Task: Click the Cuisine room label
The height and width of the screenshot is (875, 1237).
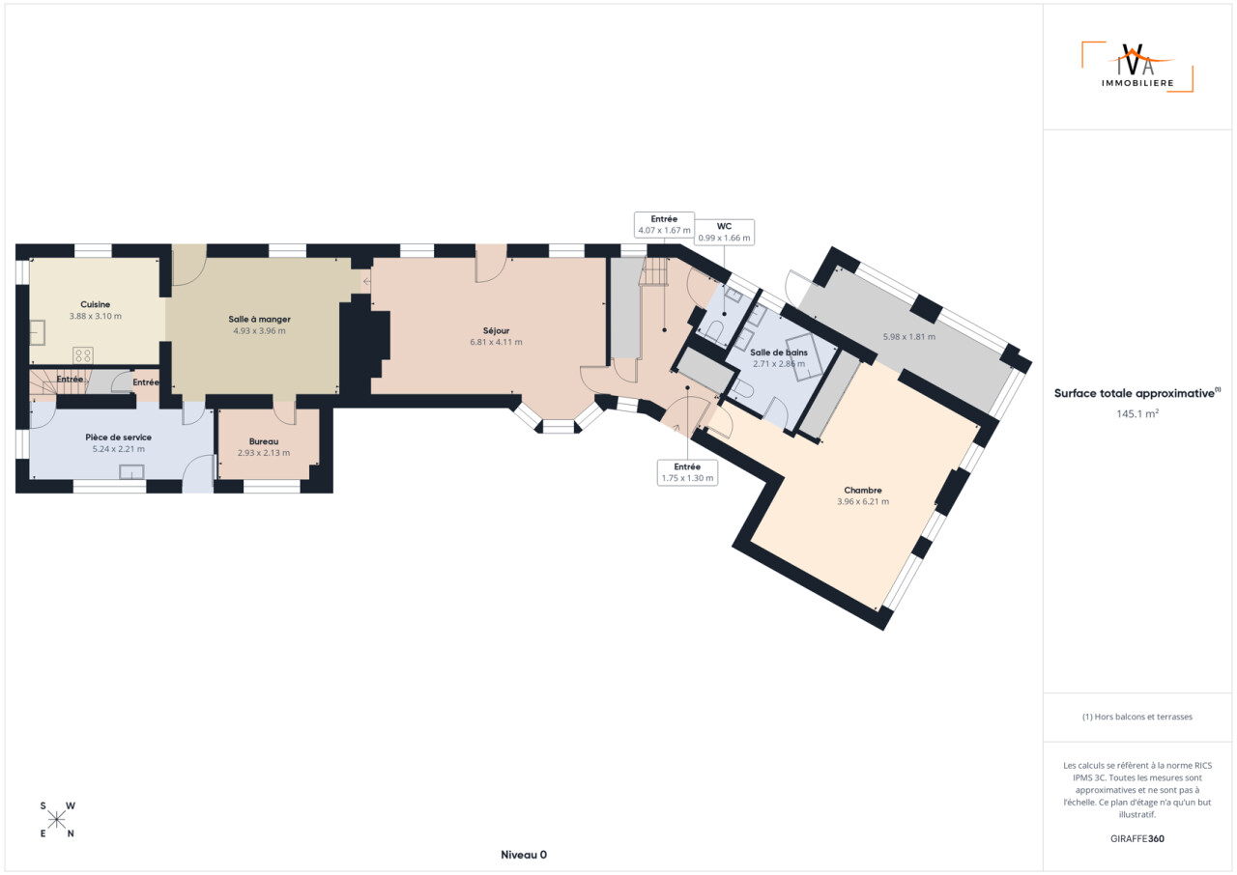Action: (95, 304)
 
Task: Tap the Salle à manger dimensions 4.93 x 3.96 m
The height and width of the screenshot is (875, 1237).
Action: (260, 331)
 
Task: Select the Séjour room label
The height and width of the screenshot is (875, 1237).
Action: (496, 330)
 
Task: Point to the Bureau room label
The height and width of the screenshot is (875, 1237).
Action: (264, 441)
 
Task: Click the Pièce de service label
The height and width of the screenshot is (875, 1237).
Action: (118, 437)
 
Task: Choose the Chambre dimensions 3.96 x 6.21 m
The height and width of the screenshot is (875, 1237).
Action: (863, 501)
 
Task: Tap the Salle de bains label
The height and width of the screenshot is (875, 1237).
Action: (779, 352)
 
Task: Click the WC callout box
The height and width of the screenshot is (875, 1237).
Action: (724, 232)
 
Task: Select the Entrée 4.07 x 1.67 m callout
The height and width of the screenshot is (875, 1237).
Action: (664, 224)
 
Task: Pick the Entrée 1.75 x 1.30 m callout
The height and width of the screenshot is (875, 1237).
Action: (687, 472)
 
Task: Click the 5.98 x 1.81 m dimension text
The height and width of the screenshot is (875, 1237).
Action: (909, 336)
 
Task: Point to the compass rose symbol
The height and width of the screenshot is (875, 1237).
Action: (57, 820)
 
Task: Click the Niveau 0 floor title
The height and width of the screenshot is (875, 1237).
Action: (524, 855)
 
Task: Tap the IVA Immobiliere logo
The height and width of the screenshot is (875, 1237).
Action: (1137, 67)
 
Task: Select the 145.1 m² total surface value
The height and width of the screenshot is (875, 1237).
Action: (1137, 413)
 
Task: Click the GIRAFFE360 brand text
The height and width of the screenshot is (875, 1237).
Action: (1137, 838)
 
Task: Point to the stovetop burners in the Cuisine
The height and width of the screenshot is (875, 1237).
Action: (83, 354)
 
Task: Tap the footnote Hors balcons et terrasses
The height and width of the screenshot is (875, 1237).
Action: (1137, 717)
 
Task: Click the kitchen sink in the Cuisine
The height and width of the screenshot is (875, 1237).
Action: (37, 332)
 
